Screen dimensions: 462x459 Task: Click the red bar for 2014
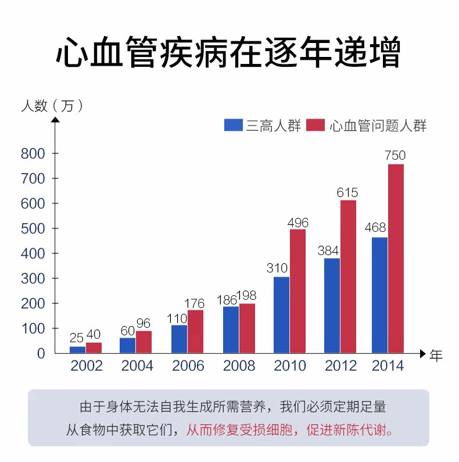click(x=396, y=259)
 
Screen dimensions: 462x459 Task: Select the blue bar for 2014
click(x=379, y=295)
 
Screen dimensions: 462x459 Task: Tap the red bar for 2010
click(x=297, y=291)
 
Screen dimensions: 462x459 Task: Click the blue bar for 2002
click(x=77, y=349)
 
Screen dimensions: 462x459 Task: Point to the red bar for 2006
click(x=195, y=331)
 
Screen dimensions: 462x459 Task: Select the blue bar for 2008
click(x=231, y=330)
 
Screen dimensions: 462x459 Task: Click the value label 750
click(x=395, y=156)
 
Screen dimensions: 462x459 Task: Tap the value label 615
click(x=347, y=192)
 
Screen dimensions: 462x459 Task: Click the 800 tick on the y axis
click(x=33, y=153)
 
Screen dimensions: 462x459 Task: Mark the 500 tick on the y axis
click(x=33, y=228)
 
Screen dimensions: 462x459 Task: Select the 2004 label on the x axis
click(x=137, y=366)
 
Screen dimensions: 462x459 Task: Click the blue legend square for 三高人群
click(x=233, y=125)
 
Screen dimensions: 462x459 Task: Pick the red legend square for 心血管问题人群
click(x=315, y=125)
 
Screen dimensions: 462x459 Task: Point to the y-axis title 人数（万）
click(x=53, y=106)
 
